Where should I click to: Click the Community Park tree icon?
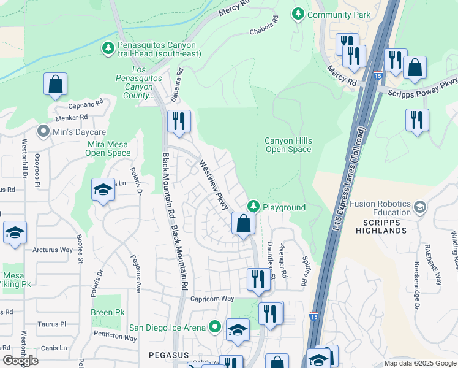click(298, 14)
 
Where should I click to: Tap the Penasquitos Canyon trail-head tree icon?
click(108, 47)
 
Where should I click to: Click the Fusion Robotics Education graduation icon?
click(420, 207)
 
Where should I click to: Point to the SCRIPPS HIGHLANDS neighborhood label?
click(381, 226)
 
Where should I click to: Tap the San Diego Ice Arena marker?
click(214, 328)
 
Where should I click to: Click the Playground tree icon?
click(252, 207)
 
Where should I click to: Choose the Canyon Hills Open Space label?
click(288, 145)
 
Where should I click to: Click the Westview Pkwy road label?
click(209, 183)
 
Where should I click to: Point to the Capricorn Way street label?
click(212, 299)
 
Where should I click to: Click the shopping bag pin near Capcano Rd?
click(55, 84)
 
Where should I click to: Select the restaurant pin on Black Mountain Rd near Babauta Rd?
click(178, 121)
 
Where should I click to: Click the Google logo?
click(21, 361)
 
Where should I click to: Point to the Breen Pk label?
click(107, 312)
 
